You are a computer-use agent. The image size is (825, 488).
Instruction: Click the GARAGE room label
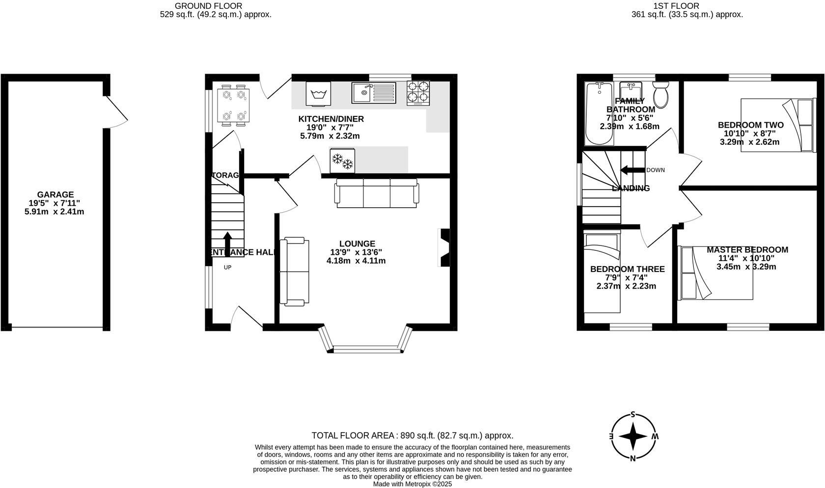[55, 194]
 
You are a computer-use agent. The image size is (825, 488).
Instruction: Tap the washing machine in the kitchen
[318, 93]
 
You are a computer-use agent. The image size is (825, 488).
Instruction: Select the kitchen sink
[373, 92]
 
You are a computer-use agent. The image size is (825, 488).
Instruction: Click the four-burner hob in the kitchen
[418, 93]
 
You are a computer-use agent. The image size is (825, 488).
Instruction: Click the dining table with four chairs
[233, 105]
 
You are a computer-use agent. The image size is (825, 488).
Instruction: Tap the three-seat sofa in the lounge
[377, 192]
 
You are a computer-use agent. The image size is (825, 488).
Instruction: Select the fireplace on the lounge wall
[443, 248]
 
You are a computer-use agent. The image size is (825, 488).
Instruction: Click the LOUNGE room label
[357, 244]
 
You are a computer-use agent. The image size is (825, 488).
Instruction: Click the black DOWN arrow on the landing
[632, 170]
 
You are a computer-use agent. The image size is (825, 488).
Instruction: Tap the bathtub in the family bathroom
[598, 114]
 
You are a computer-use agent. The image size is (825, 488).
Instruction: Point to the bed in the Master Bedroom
[716, 273]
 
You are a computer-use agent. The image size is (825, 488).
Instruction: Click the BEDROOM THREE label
[627, 269]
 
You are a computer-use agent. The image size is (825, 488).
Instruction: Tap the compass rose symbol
[633, 436]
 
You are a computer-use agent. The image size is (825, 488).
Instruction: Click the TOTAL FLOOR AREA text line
[412, 435]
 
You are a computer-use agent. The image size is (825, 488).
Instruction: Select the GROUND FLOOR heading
[208, 6]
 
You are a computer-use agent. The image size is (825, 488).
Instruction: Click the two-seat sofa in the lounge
[295, 271]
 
